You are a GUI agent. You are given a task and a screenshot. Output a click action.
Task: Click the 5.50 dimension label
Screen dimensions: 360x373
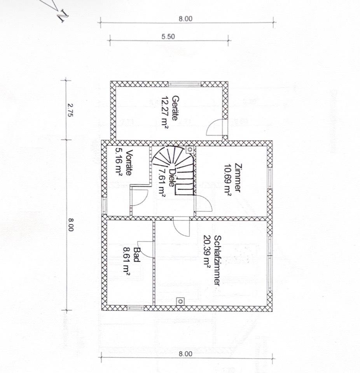(x=168, y=37)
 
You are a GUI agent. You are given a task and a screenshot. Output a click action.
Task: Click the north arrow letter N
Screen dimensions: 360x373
(x=63, y=16)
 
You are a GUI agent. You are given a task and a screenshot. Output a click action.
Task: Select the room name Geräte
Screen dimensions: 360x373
(x=175, y=108)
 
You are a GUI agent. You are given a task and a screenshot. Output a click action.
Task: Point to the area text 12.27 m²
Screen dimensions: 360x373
(x=165, y=112)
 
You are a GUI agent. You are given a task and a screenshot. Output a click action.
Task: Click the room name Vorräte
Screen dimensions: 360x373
(x=129, y=163)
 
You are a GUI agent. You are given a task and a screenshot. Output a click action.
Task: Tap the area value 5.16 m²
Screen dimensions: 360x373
(x=119, y=163)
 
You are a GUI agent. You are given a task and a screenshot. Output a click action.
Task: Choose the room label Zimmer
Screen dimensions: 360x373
(x=238, y=177)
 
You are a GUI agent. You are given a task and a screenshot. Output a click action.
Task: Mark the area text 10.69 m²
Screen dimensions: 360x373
(x=227, y=180)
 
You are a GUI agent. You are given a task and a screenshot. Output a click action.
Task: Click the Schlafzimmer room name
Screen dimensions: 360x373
(x=217, y=261)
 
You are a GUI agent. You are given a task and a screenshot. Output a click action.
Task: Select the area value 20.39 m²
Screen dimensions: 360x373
(x=206, y=252)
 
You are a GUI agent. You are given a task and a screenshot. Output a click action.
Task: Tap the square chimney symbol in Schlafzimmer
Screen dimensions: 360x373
(x=180, y=301)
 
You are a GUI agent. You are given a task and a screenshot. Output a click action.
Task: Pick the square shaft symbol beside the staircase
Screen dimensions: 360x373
(x=190, y=149)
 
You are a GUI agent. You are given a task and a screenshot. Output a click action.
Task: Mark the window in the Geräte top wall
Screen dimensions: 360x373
(x=185, y=84)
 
